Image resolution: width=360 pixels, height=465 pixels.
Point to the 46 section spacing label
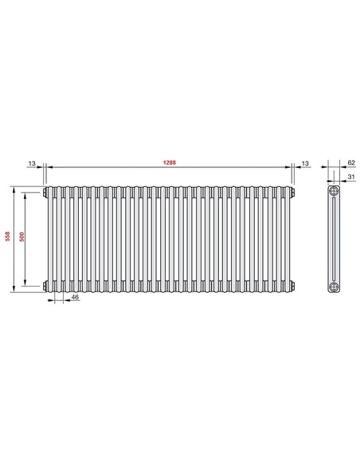[75, 296]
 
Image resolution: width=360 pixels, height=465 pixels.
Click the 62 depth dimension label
[350, 162]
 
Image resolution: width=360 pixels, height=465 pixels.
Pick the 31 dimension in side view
[350, 177]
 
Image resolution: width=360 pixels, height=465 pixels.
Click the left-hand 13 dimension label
[32, 162]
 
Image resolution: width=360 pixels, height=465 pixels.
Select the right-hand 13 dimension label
[306, 162]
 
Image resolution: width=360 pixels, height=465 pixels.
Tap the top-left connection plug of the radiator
[45, 192]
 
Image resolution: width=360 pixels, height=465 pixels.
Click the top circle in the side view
[334, 192]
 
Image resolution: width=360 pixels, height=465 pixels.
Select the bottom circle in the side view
[334, 285]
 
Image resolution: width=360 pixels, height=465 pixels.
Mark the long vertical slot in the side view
[334, 238]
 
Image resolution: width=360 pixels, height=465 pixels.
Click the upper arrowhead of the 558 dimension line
[13, 189]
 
